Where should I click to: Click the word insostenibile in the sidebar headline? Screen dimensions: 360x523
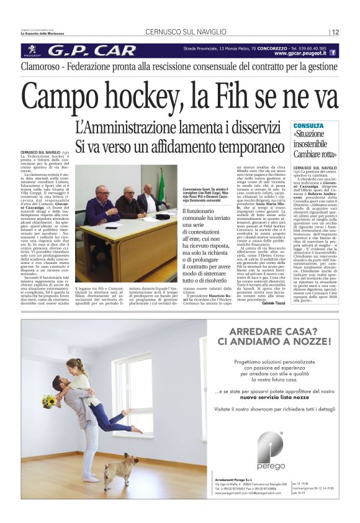(x=315, y=145)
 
